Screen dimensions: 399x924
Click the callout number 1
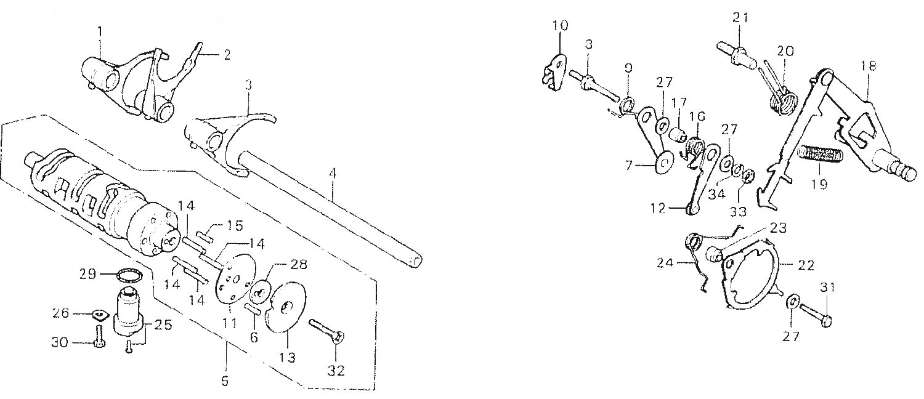click(100, 31)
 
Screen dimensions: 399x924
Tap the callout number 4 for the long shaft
click(333, 174)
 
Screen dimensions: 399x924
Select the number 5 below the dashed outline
click(225, 381)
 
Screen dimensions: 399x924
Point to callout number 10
click(561, 26)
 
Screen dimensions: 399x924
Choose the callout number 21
click(740, 18)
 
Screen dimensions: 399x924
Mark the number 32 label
click(336, 371)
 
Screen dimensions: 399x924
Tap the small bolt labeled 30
click(98, 337)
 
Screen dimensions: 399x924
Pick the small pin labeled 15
click(205, 234)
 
